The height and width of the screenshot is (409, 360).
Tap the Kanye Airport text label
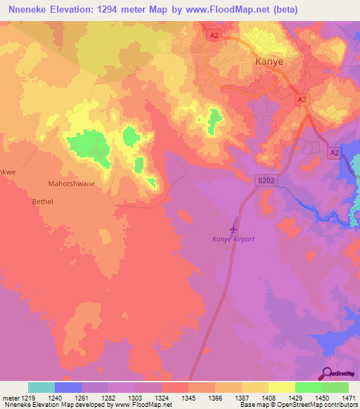point(233,239)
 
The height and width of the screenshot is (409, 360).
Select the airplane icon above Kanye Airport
point(233,228)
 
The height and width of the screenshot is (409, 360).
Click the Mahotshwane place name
point(71,183)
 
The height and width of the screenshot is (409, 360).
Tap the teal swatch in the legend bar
point(41,387)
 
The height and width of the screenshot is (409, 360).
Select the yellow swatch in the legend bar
point(281,387)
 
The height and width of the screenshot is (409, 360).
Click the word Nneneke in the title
point(27,10)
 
